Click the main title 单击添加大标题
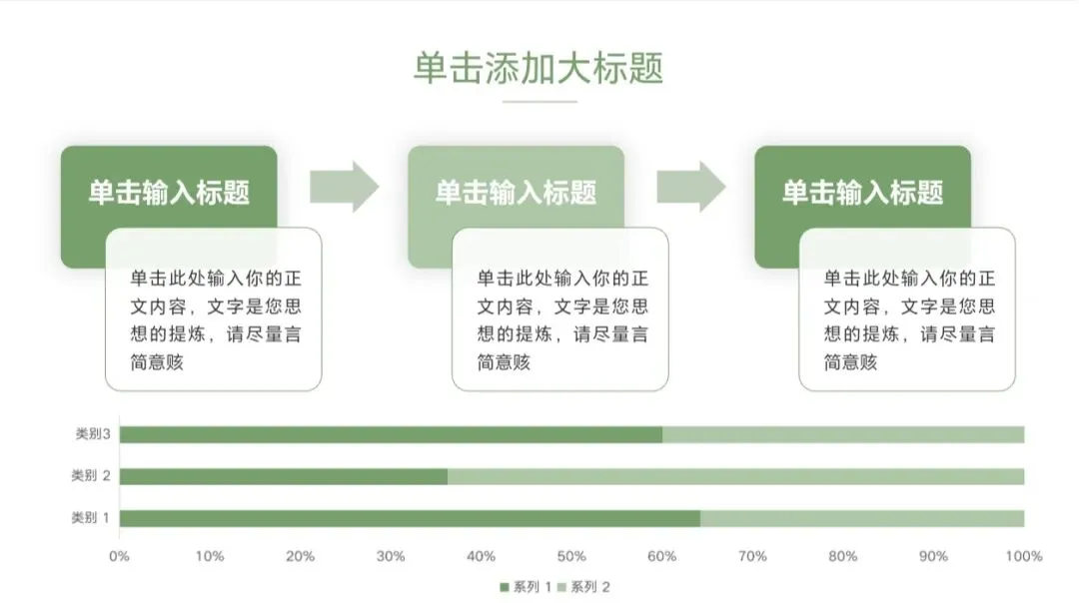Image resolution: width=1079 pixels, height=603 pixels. [539, 68]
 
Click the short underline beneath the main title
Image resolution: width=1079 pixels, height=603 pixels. [539, 101]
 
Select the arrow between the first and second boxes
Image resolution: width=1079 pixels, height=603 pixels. [344, 187]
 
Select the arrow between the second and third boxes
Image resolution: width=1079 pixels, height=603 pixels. [690, 187]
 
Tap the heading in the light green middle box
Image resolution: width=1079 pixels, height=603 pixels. [516, 192]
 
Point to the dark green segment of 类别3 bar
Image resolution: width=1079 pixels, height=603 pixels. [391, 434]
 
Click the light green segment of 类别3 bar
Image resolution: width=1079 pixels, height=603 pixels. [842, 434]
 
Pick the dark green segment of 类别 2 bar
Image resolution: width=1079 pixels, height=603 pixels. [283, 476]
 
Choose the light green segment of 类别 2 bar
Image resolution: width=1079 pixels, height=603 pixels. [735, 476]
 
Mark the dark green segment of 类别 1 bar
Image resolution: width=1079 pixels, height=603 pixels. [410, 518]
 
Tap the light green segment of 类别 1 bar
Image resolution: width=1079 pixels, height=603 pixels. [861, 518]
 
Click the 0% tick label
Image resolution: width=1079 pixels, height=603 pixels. [119, 556]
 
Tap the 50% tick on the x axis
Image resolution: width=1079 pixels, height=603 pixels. [571, 556]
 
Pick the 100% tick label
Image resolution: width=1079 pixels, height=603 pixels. [1023, 556]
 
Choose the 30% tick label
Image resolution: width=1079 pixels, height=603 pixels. [391, 556]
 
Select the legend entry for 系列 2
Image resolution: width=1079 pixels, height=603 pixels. [584, 587]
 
